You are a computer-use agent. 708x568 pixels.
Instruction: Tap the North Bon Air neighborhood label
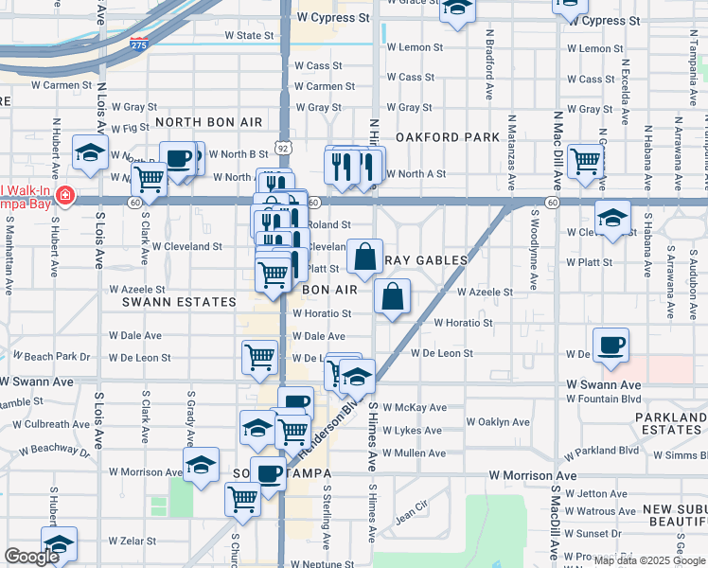(208, 123)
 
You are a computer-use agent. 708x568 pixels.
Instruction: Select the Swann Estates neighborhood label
(179, 302)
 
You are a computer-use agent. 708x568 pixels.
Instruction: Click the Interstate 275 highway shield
(138, 44)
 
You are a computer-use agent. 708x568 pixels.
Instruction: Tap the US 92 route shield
(283, 148)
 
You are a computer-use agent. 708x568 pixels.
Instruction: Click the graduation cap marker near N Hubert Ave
(91, 151)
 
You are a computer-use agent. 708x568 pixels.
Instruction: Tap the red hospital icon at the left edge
(64, 197)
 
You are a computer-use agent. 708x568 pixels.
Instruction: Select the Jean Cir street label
(411, 516)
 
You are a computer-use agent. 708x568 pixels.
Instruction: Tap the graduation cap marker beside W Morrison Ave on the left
(201, 464)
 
